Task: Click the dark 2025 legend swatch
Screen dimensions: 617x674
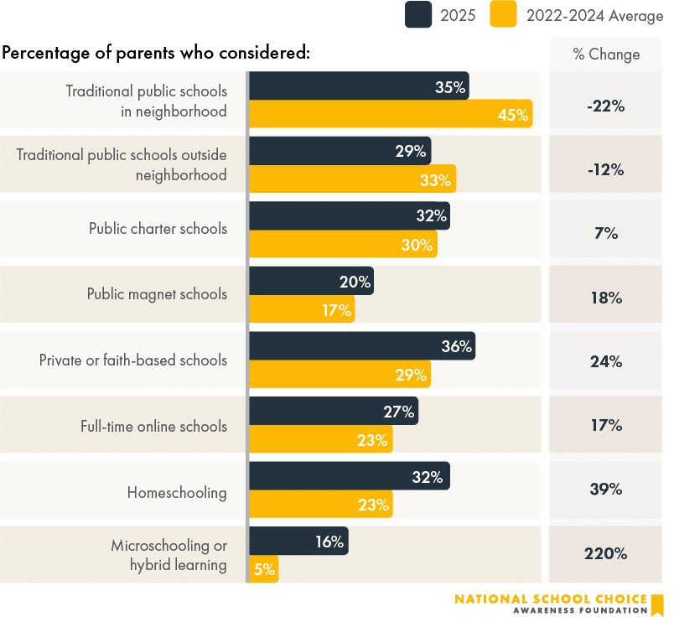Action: pyautogui.click(x=418, y=14)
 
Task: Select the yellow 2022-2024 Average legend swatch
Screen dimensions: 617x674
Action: pyautogui.click(x=503, y=14)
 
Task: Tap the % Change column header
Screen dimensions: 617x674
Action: pyautogui.click(x=606, y=54)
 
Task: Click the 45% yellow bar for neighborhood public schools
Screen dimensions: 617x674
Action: pyautogui.click(x=390, y=114)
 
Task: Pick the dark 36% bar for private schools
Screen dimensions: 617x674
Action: pyautogui.click(x=361, y=345)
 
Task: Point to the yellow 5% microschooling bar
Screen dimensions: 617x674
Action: pyautogui.click(x=263, y=570)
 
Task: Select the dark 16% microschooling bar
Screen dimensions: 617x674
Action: pyautogui.click(x=298, y=542)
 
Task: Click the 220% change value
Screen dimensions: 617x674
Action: pyautogui.click(x=606, y=553)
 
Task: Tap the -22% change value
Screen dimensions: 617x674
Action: pyautogui.click(x=606, y=106)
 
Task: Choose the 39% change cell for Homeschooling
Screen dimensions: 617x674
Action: pyautogui.click(x=606, y=489)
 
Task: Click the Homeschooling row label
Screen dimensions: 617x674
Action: pyautogui.click(x=177, y=492)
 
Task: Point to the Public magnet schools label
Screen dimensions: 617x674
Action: pyautogui.click(x=157, y=294)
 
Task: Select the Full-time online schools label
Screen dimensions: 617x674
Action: pyautogui.click(x=153, y=426)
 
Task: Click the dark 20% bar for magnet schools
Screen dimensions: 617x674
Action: pyautogui.click(x=311, y=282)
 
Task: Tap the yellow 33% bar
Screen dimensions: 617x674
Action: pyautogui.click(x=352, y=179)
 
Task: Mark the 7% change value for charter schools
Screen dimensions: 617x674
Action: pyautogui.click(x=606, y=234)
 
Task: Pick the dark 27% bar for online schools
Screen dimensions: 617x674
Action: pyautogui.click(x=333, y=411)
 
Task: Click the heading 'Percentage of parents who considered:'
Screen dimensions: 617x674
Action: pyautogui.click(x=157, y=53)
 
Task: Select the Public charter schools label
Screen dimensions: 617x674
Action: pyautogui.click(x=158, y=228)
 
